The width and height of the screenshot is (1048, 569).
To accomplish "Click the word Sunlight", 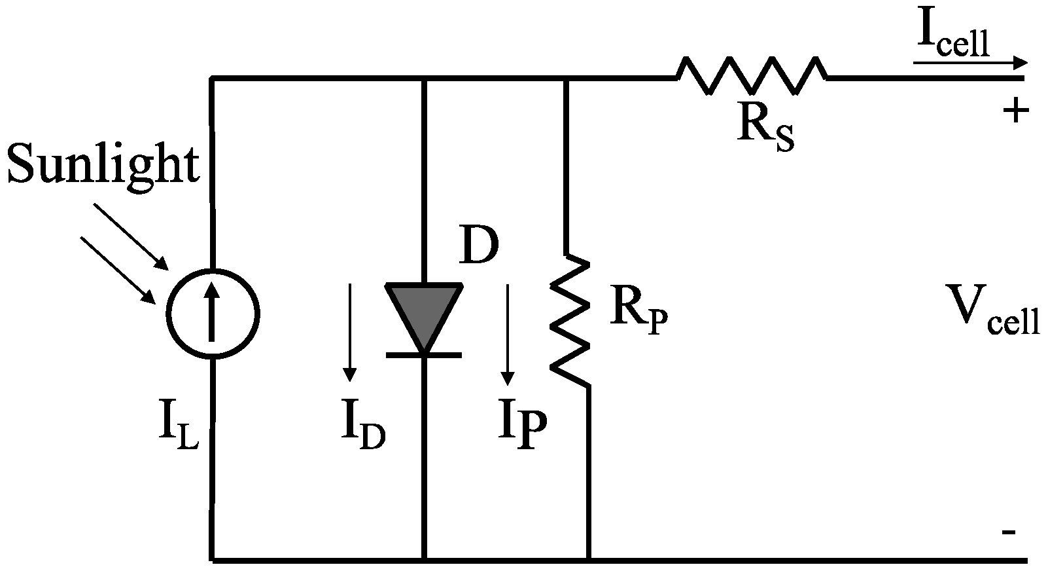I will point(103,164).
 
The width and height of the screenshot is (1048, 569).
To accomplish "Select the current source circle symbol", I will point(213,313).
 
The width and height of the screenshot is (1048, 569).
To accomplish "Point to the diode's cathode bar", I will point(424,354).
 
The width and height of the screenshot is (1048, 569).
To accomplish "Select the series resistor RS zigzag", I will point(751,76).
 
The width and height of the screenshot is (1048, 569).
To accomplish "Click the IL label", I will point(177,430).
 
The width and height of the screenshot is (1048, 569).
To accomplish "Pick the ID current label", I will point(362,430).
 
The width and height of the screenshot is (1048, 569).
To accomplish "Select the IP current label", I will point(522,430).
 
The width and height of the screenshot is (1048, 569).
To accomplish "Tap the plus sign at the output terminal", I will point(1015,112).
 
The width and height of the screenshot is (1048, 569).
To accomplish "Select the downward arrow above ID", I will point(350,332).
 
